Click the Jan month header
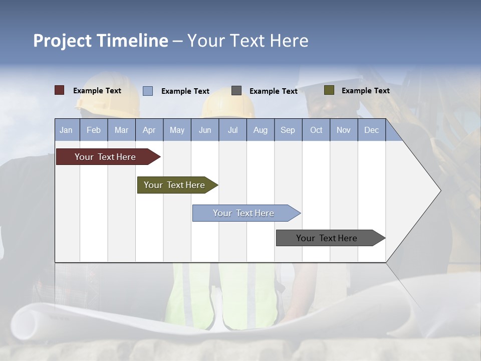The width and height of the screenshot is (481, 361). (67, 130)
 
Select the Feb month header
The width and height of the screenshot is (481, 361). (94, 130)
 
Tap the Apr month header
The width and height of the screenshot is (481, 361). (149, 130)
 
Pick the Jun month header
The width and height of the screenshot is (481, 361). (205, 130)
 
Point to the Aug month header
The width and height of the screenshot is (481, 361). (261, 130)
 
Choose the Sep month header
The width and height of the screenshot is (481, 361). (288, 130)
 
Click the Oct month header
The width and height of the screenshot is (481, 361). (316, 130)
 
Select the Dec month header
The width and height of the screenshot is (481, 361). (372, 130)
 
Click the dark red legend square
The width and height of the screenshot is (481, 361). (60, 90)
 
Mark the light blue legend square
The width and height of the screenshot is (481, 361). (148, 91)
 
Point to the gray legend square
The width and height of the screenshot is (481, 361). (236, 91)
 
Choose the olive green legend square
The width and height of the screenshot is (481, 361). (329, 90)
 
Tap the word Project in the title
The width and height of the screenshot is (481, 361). (63, 41)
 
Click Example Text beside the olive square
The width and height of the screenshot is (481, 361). (365, 91)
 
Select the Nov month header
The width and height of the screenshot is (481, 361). (344, 130)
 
